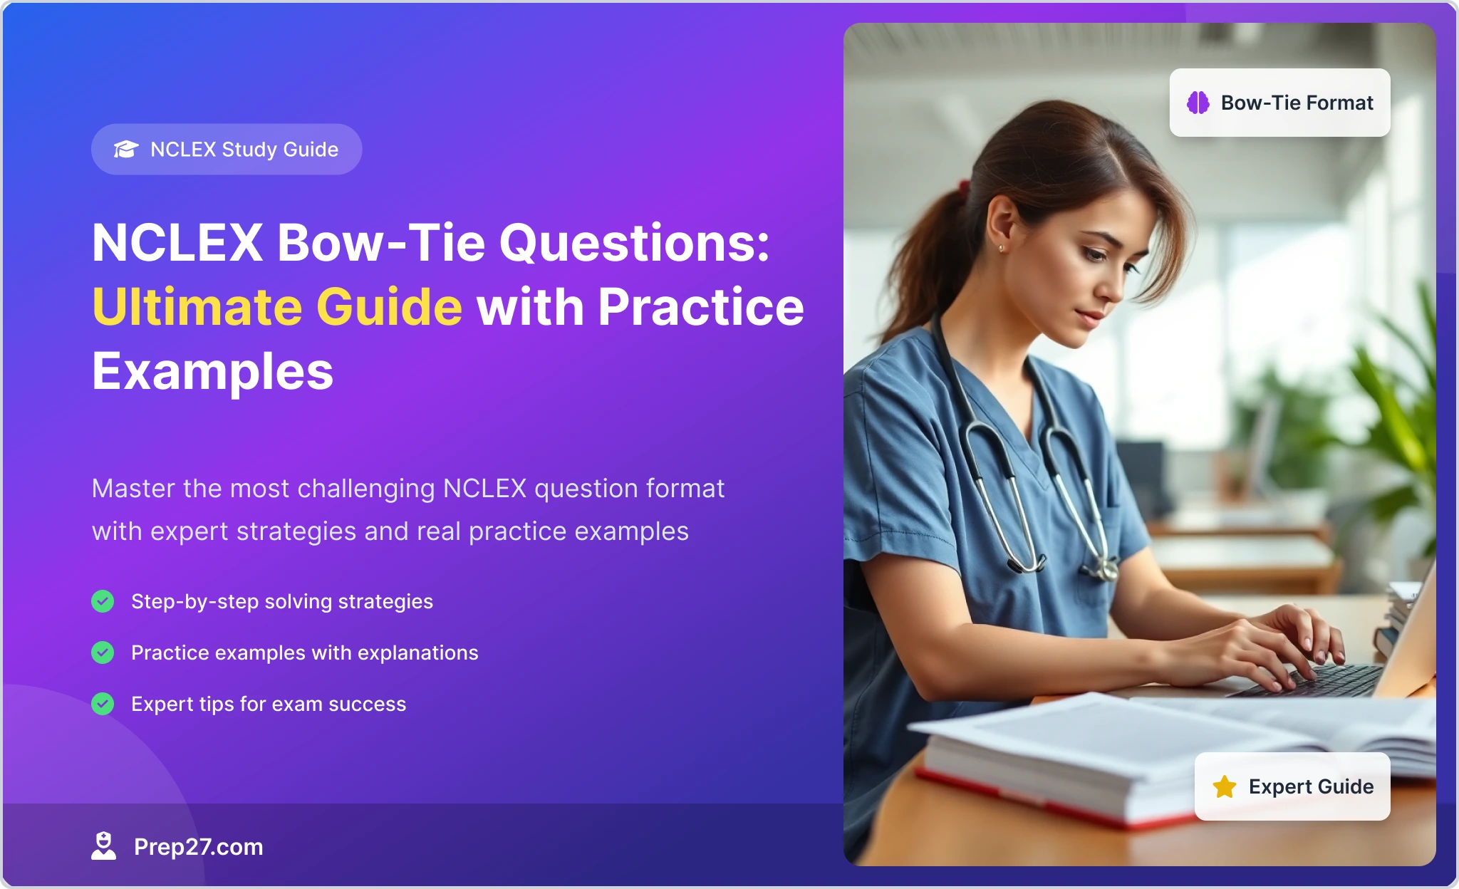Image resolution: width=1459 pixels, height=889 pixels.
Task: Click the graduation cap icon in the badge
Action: click(x=126, y=149)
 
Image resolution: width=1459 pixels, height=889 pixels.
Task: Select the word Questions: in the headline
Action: click(x=635, y=244)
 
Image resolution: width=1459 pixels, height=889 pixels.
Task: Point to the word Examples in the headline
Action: click(x=213, y=371)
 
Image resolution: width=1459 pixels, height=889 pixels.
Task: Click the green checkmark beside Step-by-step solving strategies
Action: click(x=103, y=601)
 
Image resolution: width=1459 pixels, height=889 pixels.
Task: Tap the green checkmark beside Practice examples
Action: click(x=103, y=653)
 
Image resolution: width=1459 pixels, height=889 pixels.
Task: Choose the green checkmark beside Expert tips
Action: click(x=103, y=704)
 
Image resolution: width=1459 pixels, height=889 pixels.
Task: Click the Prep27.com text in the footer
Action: click(x=199, y=846)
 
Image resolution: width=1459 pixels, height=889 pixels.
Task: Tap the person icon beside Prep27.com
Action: click(x=103, y=846)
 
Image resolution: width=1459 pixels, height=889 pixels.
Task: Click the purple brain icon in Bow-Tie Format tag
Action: click(x=1198, y=103)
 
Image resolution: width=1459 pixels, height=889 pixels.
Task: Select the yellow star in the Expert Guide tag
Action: click(x=1225, y=786)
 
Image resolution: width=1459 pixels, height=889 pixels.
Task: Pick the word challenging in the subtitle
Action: click(x=366, y=489)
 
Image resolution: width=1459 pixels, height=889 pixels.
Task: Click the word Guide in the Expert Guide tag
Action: click(x=1346, y=786)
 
